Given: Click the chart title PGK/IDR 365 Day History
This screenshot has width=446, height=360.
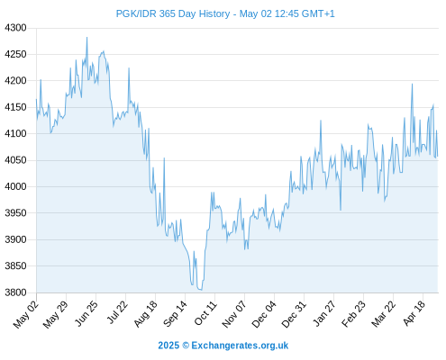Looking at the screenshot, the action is pos(173,13).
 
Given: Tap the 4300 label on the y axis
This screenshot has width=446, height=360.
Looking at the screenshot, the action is pos(15,28).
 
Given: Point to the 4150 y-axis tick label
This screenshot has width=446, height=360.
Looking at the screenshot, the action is pos(15,107).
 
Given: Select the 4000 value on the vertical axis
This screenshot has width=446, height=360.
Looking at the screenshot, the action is pos(15,186).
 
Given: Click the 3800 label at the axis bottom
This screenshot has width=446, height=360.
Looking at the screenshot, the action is pos(15,292).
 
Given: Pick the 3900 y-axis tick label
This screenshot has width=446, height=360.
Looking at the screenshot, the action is pos(15,239).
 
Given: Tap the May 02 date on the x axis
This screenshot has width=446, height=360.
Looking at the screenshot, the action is pos(26,314).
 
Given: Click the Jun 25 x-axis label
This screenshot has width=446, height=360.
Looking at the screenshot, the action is pos(86,313).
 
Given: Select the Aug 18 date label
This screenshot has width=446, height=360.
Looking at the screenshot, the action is pos(146,313).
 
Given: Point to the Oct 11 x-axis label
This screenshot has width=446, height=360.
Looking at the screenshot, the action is pos(205,313).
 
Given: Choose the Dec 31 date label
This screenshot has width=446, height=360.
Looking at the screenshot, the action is pos(294,314).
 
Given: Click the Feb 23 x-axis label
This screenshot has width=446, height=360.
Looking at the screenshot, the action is pos(354,313).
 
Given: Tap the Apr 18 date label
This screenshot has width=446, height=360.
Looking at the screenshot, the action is pos(414,313).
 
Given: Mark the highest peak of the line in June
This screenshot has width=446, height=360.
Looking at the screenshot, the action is pos(87,38).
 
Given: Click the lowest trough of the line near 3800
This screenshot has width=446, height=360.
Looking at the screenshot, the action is pos(201,290).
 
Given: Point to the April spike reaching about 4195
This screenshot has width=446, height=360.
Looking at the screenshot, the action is pos(412,85).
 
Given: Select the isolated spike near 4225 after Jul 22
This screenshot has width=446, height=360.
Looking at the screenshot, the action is pos(129,68).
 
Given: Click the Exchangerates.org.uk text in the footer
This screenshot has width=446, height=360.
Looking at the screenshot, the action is pos(240,346).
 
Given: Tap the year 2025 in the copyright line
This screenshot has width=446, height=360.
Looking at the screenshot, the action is pos(168,346).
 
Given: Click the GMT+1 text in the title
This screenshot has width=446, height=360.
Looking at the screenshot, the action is pos(318,13).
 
